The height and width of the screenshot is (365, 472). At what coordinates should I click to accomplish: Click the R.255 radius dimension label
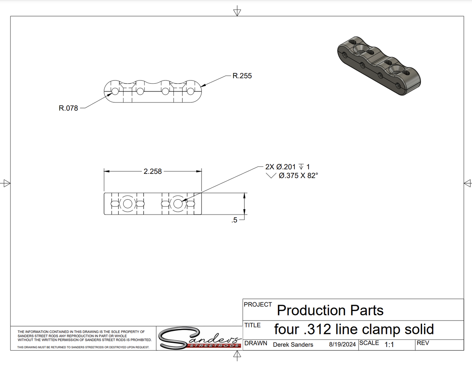pyautogui.click(x=242, y=76)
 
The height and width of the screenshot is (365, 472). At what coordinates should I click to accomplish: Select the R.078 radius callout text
pyautogui.click(x=68, y=108)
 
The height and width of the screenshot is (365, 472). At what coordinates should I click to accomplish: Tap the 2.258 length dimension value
pyautogui.click(x=153, y=172)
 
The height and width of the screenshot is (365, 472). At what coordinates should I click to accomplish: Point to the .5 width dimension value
pyautogui.click(x=234, y=220)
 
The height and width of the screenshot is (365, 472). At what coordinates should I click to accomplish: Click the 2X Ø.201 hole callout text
pyautogui.click(x=280, y=167)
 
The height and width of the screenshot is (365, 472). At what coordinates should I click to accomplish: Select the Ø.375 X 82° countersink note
pyautogui.click(x=298, y=175)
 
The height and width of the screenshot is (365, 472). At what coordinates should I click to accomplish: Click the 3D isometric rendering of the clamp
pyautogui.click(x=379, y=66)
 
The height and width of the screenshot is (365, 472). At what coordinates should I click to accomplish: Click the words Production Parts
pyautogui.click(x=330, y=310)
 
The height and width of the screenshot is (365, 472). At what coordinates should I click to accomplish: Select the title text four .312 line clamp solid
pyautogui.click(x=354, y=329)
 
